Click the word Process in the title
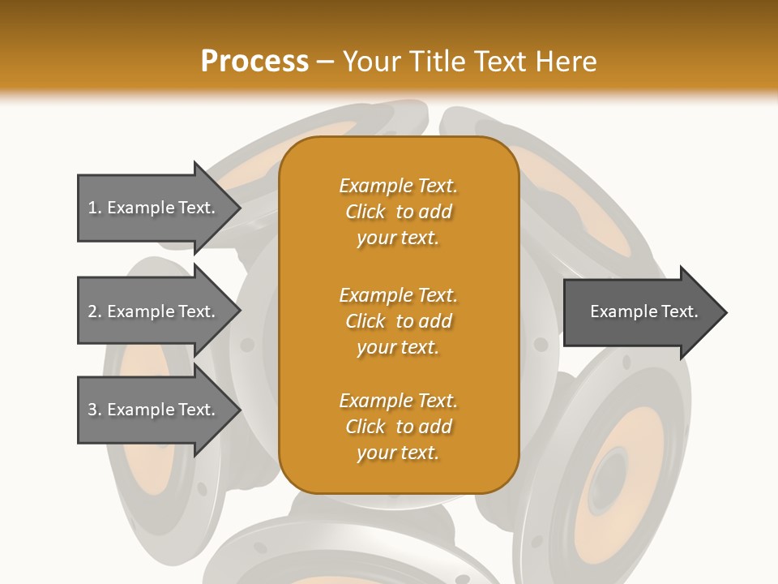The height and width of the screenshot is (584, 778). tap(254, 62)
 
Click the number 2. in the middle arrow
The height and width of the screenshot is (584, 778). tap(94, 311)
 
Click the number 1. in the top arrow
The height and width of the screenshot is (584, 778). tap(94, 208)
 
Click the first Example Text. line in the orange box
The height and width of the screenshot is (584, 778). tap(398, 186)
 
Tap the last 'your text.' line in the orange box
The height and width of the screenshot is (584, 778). tap(398, 453)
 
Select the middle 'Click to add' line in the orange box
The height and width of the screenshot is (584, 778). tap(398, 321)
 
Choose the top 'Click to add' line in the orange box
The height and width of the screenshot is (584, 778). tap(398, 212)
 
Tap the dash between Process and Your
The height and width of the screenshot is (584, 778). tap(325, 62)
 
